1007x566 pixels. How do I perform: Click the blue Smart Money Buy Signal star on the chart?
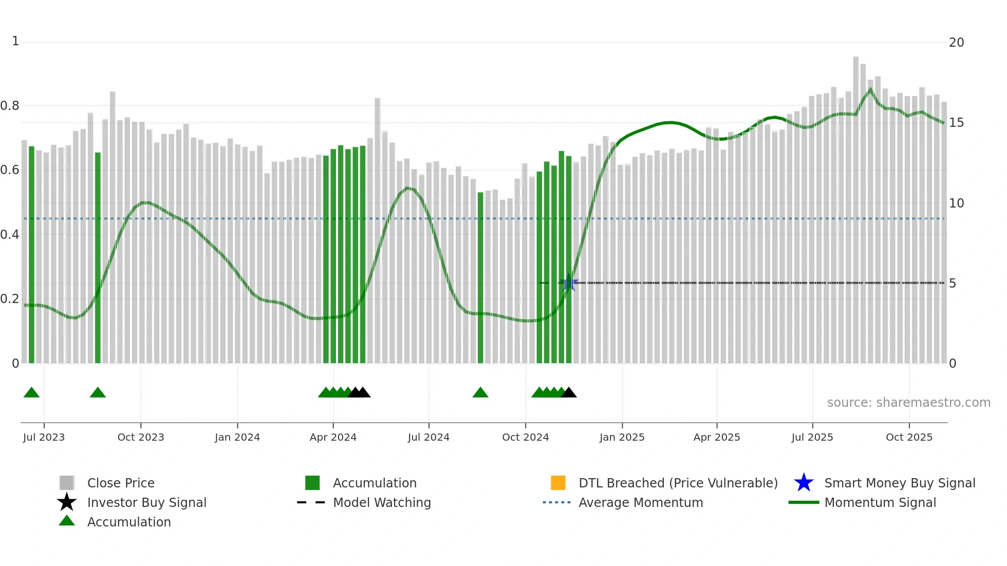point(569,283)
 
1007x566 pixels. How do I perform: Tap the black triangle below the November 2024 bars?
point(569,393)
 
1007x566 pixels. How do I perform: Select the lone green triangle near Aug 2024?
point(480,393)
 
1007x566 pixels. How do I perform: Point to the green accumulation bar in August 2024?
point(480,277)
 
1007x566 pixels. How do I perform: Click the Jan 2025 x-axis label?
point(622,437)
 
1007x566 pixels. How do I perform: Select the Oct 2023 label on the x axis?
point(141,437)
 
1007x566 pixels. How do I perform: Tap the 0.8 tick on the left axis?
point(10,106)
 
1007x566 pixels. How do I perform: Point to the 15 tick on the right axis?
point(956,123)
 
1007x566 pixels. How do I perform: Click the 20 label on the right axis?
point(956,43)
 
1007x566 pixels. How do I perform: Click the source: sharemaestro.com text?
point(908,403)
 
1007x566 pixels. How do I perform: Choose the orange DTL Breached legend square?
point(558,483)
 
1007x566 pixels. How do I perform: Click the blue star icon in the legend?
point(804,483)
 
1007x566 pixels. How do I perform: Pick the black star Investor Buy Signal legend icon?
point(67,502)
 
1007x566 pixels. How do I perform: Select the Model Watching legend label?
point(382,502)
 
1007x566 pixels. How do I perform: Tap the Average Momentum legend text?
point(641,502)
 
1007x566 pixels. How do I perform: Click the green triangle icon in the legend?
point(67,521)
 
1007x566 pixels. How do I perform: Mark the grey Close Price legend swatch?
point(67,483)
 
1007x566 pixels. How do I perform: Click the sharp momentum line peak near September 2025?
point(870,89)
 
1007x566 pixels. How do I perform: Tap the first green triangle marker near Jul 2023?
point(31,393)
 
